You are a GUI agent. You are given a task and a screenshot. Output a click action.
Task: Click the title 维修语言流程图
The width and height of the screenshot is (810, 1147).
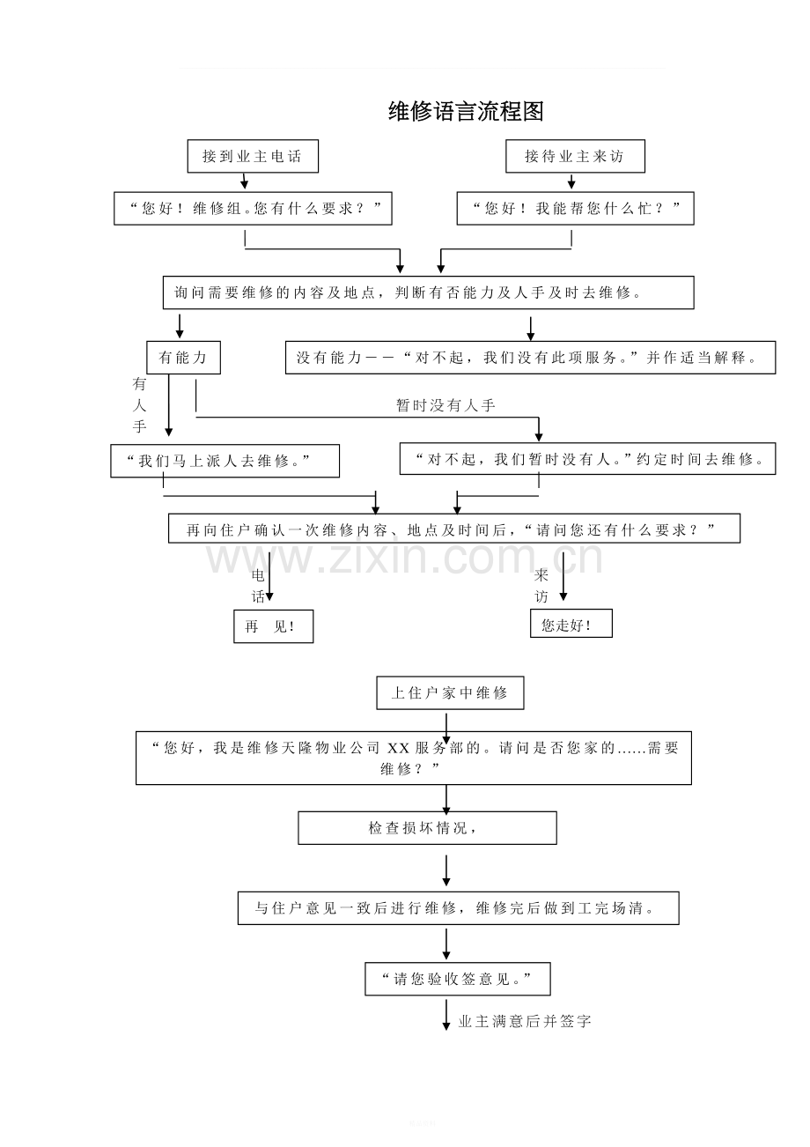coord(466,111)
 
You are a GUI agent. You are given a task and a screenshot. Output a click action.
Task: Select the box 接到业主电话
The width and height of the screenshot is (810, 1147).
coord(253,156)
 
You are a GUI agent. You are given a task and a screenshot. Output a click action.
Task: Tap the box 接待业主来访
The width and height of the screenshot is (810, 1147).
coord(575,156)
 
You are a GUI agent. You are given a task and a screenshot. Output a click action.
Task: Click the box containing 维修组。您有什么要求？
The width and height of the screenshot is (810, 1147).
coord(253,209)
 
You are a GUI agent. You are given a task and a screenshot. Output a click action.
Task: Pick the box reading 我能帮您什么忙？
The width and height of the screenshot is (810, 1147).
coord(575,209)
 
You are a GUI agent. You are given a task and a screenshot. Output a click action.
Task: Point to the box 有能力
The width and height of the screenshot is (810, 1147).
coord(183,358)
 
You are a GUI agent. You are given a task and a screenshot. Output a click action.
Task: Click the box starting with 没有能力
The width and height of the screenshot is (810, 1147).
coord(530,358)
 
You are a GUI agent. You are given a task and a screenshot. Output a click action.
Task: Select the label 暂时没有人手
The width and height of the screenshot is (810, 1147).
coord(445,405)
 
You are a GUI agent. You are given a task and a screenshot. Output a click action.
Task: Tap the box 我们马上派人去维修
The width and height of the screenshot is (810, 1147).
coord(225,461)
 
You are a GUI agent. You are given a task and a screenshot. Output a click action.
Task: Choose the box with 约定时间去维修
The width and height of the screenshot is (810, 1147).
coord(587,459)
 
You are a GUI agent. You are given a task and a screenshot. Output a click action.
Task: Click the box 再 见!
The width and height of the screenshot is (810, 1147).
coord(273,626)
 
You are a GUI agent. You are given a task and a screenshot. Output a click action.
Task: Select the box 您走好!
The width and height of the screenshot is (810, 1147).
coord(571,623)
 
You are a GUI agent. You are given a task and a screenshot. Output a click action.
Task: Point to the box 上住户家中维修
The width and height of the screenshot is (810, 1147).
coord(450,692)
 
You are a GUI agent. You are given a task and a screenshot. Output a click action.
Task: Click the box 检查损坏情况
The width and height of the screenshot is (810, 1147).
coord(427,828)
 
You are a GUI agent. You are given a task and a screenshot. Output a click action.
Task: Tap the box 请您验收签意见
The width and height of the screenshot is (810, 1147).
coord(458,979)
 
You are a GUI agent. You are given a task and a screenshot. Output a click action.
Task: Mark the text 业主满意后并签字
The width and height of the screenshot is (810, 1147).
coord(525,1022)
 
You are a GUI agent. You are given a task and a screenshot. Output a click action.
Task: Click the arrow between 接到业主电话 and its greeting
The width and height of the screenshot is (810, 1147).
coord(245,181)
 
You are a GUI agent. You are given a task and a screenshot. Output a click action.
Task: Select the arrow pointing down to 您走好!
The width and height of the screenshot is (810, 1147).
coord(563,576)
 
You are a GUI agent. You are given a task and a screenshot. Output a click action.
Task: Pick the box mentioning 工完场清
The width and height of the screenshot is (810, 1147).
coord(458,908)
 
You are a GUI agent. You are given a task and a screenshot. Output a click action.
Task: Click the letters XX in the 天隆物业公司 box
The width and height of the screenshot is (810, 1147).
coord(398,749)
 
